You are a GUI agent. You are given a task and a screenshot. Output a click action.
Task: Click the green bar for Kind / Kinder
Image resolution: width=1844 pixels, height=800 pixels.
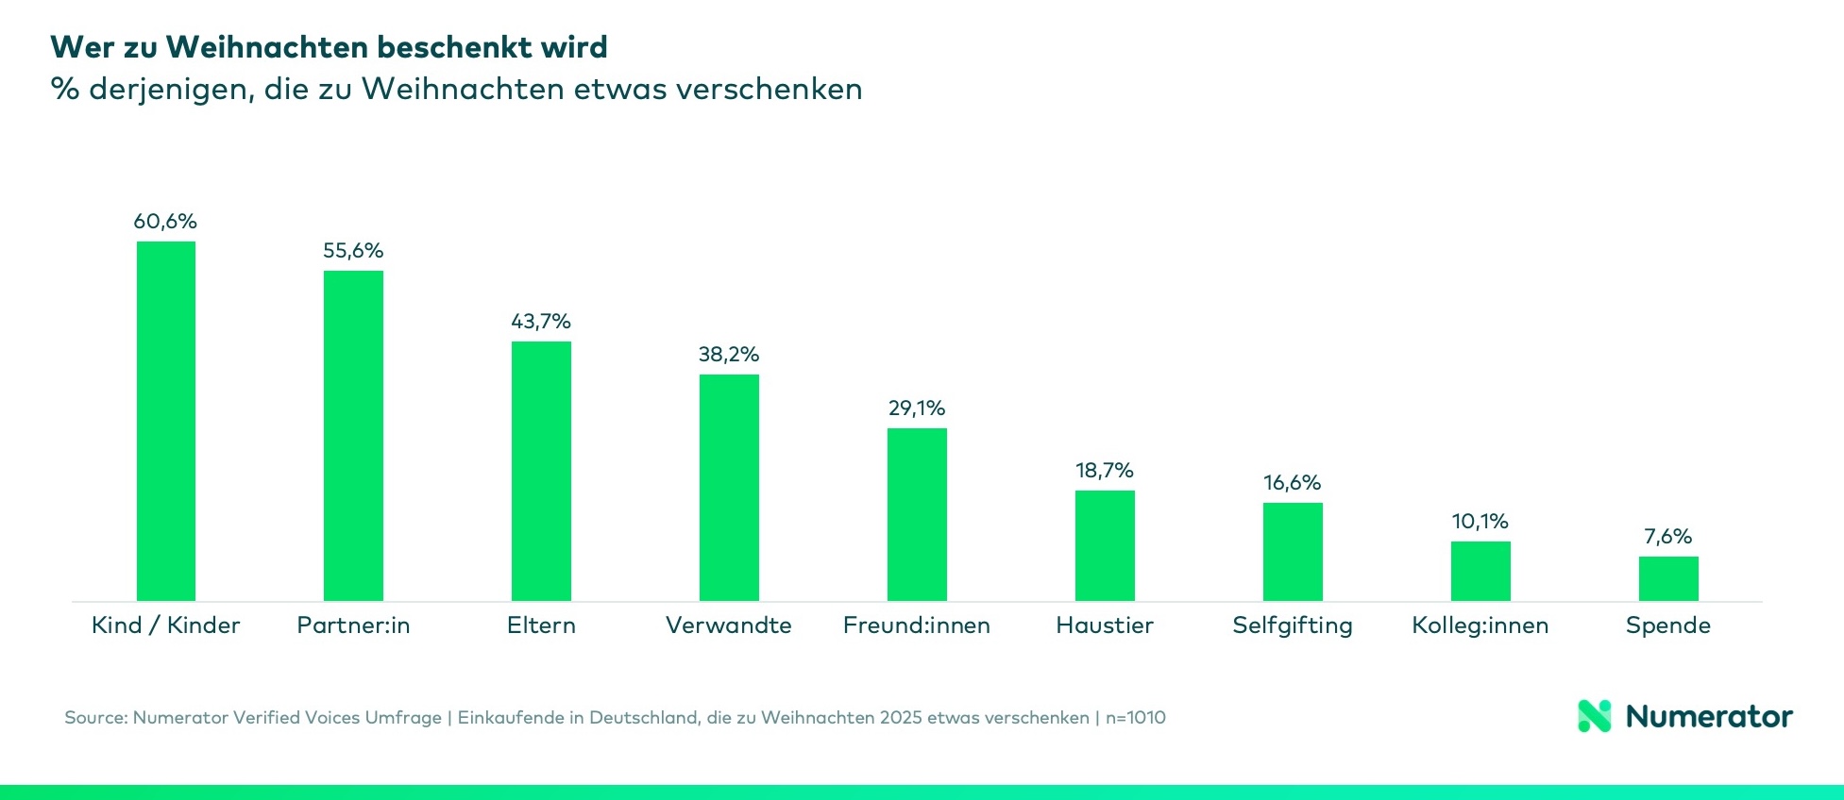click(x=166, y=421)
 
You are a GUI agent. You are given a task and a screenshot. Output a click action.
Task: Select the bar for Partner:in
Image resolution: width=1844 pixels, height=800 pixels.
click(x=353, y=436)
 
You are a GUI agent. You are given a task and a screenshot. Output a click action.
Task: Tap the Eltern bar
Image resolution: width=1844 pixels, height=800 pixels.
click(x=541, y=471)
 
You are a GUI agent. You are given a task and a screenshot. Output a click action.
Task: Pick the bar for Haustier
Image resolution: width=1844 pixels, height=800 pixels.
click(x=1105, y=545)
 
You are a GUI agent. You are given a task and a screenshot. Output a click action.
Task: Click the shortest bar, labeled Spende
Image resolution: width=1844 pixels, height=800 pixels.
click(x=1668, y=578)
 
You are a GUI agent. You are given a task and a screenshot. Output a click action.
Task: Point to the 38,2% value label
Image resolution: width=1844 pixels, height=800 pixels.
click(x=729, y=355)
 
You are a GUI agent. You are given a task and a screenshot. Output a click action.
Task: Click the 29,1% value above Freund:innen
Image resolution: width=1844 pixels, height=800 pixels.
click(x=917, y=408)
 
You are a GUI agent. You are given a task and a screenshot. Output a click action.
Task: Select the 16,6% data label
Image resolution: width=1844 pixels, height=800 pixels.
click(x=1293, y=483)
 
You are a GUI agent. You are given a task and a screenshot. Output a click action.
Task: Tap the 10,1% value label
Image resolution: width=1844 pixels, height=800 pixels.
click(x=1480, y=522)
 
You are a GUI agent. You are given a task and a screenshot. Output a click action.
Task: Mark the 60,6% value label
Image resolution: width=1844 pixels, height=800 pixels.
click(x=165, y=222)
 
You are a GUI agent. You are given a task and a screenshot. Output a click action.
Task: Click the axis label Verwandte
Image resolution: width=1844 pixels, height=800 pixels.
click(x=729, y=625)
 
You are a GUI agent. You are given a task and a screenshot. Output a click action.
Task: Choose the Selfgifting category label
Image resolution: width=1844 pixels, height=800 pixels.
click(x=1293, y=625)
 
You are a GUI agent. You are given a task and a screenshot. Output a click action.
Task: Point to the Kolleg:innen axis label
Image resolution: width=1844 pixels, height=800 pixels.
click(x=1480, y=625)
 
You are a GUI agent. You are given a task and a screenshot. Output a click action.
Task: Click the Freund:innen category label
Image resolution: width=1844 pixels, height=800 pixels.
click(x=917, y=625)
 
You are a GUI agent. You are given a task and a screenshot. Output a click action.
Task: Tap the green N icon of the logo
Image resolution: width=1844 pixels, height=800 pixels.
click(x=1595, y=716)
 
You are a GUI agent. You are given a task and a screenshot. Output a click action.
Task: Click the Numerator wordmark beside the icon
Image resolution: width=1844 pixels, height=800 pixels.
click(x=1709, y=717)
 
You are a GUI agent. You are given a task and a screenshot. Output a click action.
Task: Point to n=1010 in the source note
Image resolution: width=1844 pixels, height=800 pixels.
click(x=1136, y=718)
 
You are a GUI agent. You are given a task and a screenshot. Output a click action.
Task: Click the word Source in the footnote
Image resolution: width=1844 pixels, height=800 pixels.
click(x=94, y=718)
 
